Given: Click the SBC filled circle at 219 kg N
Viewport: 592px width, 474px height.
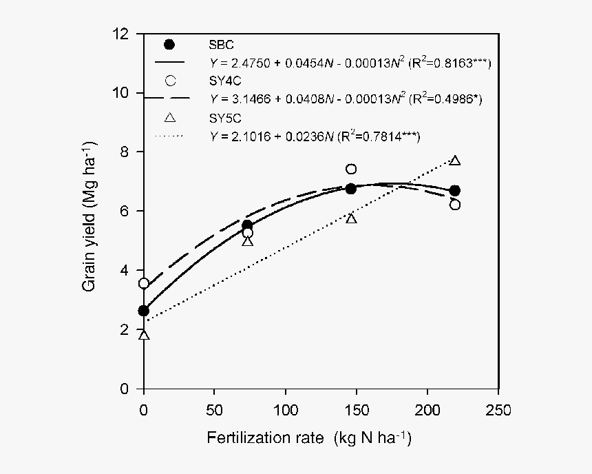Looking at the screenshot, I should click(454, 191).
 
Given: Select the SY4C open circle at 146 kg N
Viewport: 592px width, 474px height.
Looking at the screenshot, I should click(351, 169).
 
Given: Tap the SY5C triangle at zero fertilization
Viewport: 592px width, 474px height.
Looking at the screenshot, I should click(143, 336).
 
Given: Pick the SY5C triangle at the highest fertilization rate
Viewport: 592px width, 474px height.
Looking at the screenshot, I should click(454, 161).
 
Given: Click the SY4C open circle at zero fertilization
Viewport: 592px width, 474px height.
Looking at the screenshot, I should click(143, 283).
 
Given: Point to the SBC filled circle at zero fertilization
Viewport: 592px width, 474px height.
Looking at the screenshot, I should click(143, 311).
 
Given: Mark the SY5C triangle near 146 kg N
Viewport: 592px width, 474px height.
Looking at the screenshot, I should click(351, 218).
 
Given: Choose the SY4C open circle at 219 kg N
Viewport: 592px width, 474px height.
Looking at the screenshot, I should click(454, 205).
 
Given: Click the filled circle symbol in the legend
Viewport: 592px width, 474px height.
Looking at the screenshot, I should click(170, 45).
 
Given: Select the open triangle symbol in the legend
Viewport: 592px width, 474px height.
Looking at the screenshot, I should click(170, 118).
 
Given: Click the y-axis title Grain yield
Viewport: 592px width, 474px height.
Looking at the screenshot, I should click(90, 215).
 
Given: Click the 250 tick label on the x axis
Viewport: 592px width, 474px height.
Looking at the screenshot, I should click(498, 411).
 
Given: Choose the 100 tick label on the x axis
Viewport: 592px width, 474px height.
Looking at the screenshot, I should click(286, 411).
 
